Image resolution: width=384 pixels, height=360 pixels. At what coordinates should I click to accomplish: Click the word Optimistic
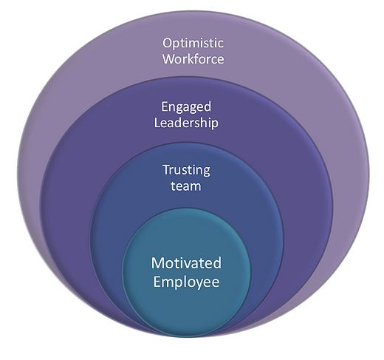tap(193, 44)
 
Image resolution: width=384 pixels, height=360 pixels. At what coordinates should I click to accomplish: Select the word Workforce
tap(193, 59)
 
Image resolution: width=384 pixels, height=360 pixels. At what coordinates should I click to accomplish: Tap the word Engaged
tap(186, 107)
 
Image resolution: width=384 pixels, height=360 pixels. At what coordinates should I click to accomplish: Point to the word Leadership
tap(186, 123)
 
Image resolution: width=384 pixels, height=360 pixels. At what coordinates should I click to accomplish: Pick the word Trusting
tap(187, 171)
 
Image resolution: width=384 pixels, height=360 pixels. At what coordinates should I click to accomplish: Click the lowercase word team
tap(186, 186)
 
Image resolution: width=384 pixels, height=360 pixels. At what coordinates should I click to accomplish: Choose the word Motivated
tap(186, 263)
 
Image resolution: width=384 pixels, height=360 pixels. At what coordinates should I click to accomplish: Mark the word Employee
tap(186, 282)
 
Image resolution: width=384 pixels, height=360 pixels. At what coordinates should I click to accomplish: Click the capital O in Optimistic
tap(168, 43)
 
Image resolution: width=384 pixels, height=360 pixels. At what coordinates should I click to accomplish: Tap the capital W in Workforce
tap(170, 59)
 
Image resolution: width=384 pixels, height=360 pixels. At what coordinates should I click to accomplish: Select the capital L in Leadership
tap(157, 123)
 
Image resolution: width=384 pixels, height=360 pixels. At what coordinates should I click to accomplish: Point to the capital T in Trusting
tap(167, 170)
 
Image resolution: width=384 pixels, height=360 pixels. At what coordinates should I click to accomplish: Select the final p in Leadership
tap(215, 124)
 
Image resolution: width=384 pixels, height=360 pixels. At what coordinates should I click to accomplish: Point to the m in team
tap(195, 187)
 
